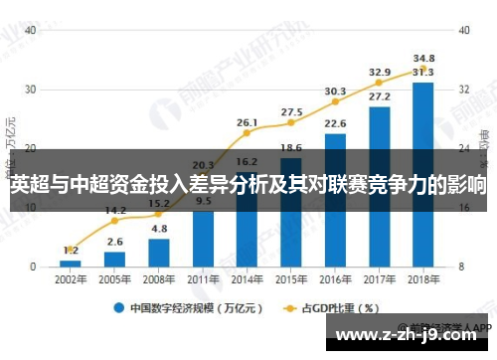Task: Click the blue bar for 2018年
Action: [x=423, y=175]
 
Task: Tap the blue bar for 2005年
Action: [x=114, y=260]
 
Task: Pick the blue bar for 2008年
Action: [x=158, y=253]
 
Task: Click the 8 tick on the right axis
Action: [x=463, y=267]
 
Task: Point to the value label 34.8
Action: [x=423, y=59]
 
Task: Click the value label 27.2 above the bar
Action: [x=379, y=96]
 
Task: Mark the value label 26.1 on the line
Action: [x=248, y=122]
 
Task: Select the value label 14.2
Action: [x=114, y=210]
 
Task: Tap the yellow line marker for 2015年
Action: [x=291, y=123]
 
